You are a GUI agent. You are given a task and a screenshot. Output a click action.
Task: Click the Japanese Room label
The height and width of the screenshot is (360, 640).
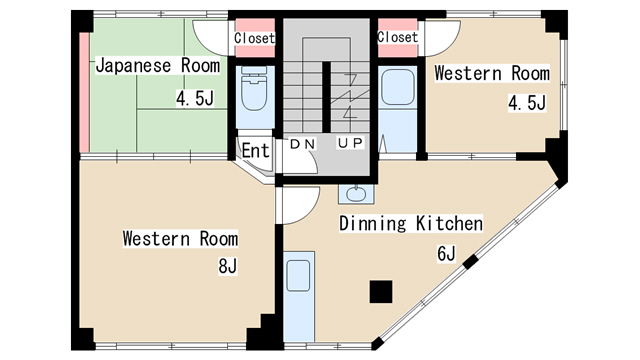point(158,66)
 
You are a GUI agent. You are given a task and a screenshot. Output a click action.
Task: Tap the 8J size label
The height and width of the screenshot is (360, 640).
point(228,266)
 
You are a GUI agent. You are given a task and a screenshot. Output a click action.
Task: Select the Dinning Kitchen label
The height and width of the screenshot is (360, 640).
point(411,224)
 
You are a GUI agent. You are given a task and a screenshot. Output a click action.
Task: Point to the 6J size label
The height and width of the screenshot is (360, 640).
point(446,253)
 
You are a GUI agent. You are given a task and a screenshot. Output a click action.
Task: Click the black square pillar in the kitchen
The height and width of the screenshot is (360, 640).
point(381,291)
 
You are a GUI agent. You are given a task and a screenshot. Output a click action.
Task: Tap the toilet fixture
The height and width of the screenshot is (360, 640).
point(254,88)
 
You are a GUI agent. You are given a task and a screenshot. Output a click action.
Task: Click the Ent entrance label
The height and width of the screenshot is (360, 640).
point(256,151)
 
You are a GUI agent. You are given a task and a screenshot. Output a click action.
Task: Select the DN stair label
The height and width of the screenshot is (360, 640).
point(302,144)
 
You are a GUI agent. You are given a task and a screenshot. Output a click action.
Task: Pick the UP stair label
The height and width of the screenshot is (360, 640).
point(350,143)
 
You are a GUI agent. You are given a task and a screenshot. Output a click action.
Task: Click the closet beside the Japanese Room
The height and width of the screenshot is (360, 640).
point(255,38)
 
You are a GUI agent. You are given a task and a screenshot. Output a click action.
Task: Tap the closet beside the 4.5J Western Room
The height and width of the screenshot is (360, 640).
point(398,38)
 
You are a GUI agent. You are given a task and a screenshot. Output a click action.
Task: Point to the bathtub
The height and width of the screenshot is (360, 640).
point(398,87)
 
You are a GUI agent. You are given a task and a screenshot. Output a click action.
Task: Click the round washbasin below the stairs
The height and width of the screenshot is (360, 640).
point(356,193)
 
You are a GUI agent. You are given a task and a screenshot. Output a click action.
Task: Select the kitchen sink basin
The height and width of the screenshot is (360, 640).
point(298,276)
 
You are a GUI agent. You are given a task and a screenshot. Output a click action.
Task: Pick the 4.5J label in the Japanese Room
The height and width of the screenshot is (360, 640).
point(195,98)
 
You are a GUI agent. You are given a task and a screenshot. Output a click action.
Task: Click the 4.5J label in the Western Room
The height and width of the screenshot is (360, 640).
point(527,103)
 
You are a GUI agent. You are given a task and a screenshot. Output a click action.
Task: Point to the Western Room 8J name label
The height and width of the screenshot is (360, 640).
point(180,239)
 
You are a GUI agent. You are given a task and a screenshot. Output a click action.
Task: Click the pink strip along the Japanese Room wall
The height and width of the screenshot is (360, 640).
point(84,92)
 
